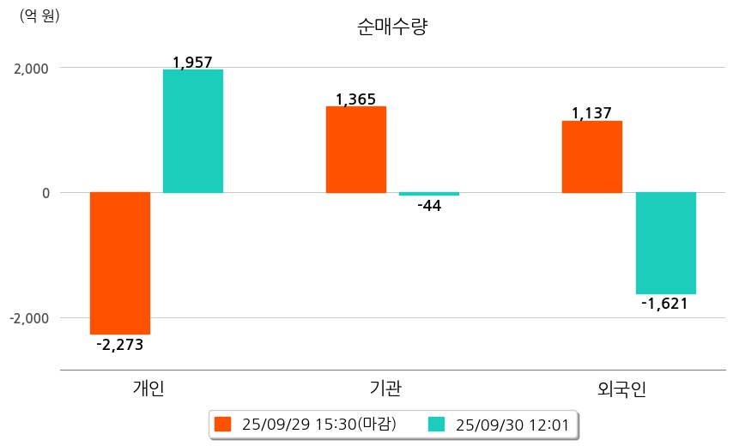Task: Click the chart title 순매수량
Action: click(392, 27)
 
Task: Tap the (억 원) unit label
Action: click(39, 15)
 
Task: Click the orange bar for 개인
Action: click(120, 262)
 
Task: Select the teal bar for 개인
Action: click(193, 130)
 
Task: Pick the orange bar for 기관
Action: click(356, 149)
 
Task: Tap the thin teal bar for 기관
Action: click(429, 194)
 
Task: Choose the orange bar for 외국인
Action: click(592, 156)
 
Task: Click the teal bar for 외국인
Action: click(665, 243)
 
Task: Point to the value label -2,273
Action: click(120, 345)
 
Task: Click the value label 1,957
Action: click(192, 62)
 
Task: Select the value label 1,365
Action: click(355, 99)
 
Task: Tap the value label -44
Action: click(429, 206)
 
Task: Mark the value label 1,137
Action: click(591, 113)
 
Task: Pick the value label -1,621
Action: click(665, 304)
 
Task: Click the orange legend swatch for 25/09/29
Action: click(223, 424)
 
